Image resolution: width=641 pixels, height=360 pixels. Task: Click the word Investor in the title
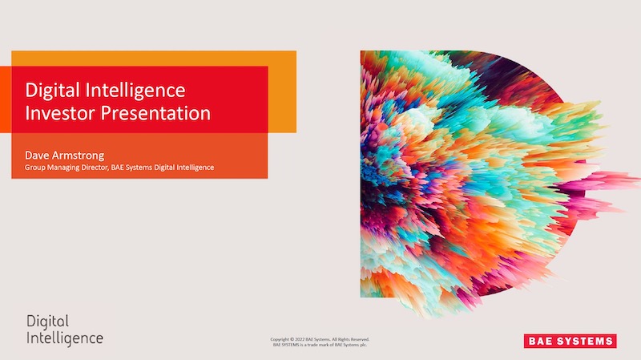(x=59, y=113)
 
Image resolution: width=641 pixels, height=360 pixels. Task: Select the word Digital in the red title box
(x=52, y=91)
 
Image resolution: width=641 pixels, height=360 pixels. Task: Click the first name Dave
(x=35, y=156)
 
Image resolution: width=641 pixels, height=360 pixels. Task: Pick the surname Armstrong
(x=77, y=156)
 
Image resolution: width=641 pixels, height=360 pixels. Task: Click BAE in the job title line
(x=117, y=168)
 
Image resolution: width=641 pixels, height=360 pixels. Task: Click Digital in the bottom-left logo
(x=48, y=322)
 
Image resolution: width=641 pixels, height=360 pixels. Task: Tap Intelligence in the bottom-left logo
(x=65, y=339)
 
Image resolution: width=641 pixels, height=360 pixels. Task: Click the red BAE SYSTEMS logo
(x=570, y=341)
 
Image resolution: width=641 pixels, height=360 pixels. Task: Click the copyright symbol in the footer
(x=292, y=339)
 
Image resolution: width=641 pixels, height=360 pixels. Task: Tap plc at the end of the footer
(x=364, y=345)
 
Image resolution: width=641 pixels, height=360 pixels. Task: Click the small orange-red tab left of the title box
(x=6, y=99)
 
